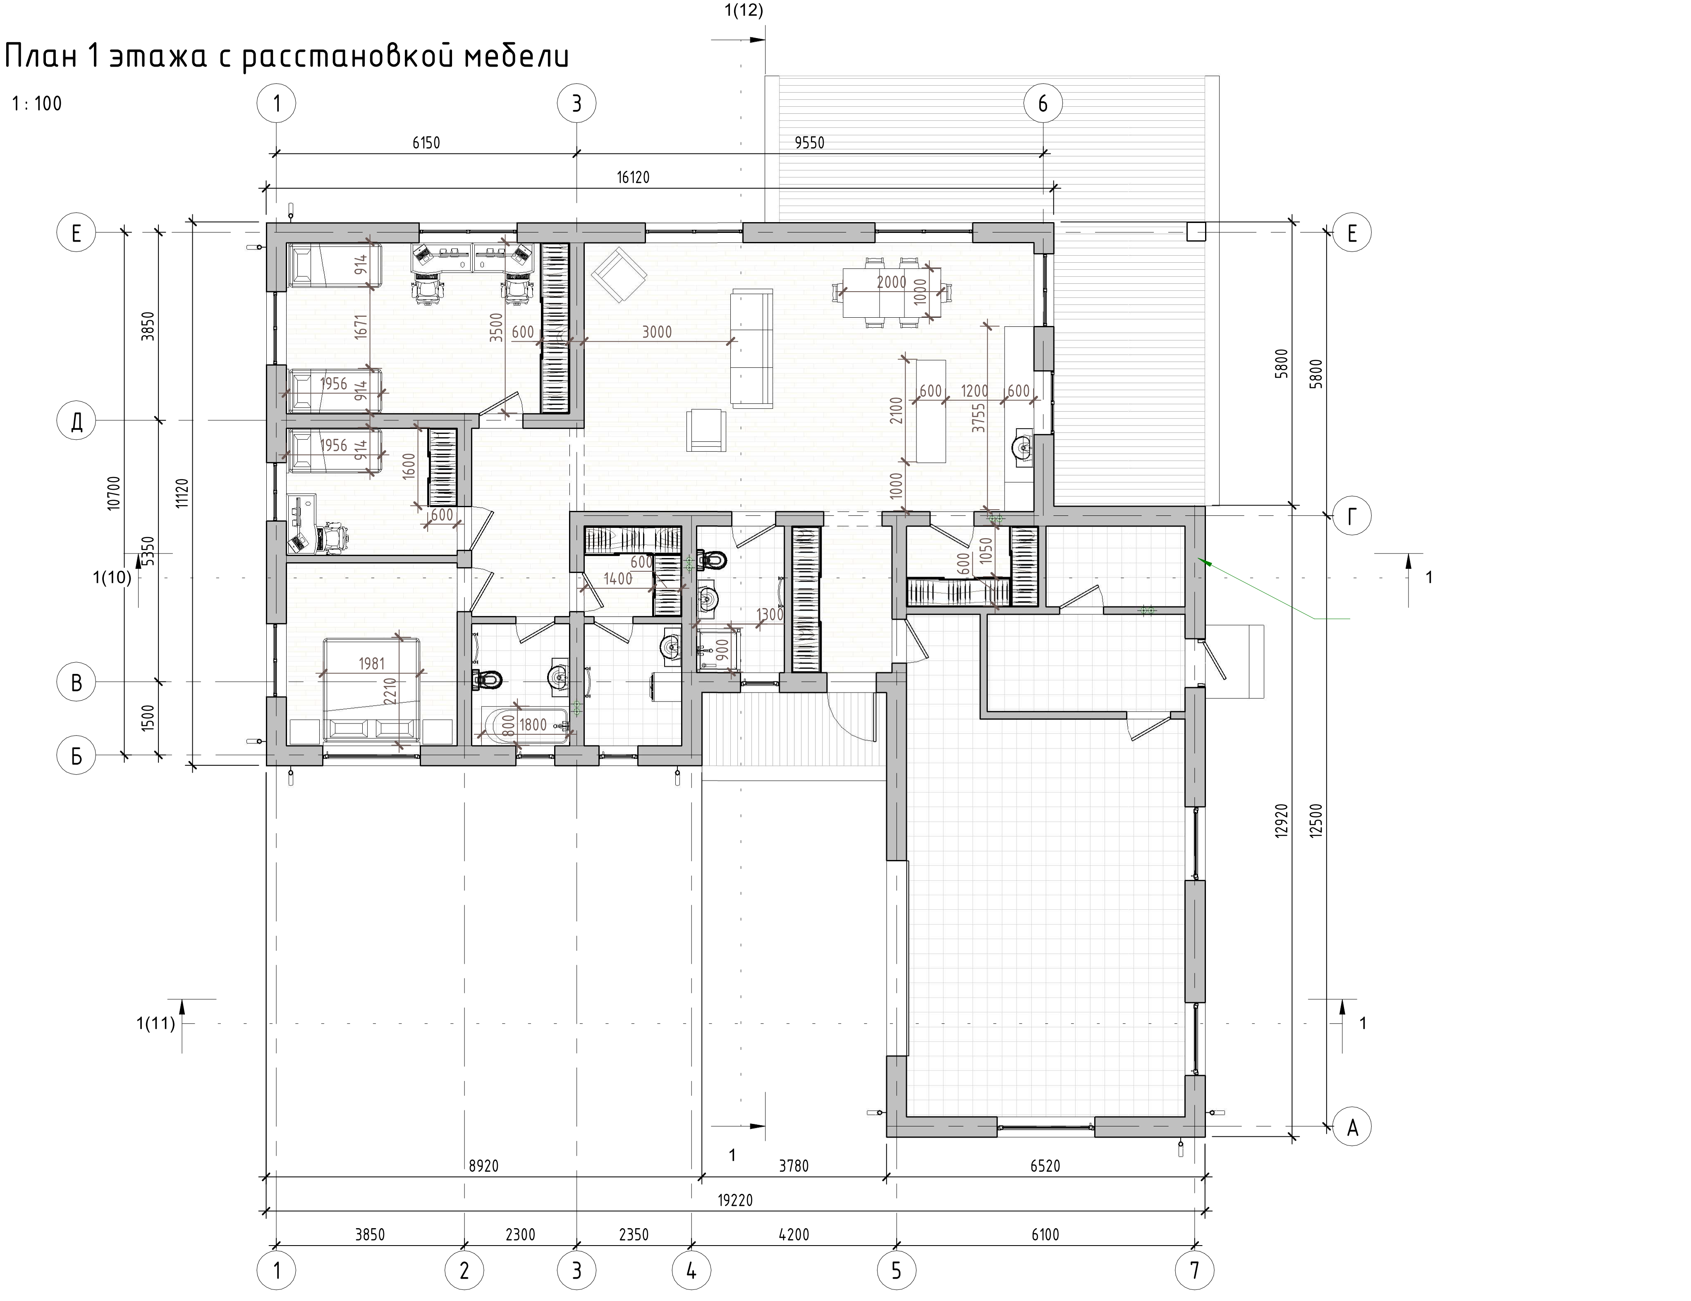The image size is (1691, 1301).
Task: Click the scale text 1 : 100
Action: [x=37, y=104]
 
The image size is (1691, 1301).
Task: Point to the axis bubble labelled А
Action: [x=1352, y=1128]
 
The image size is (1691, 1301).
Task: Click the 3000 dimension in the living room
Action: [x=657, y=332]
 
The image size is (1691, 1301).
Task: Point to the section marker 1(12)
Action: [x=743, y=11]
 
